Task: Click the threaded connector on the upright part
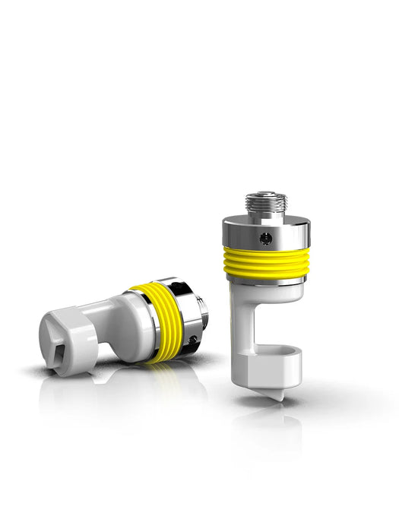(x=265, y=205)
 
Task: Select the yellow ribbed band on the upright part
(x=266, y=262)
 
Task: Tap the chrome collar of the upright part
(x=266, y=231)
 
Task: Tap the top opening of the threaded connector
(x=265, y=195)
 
